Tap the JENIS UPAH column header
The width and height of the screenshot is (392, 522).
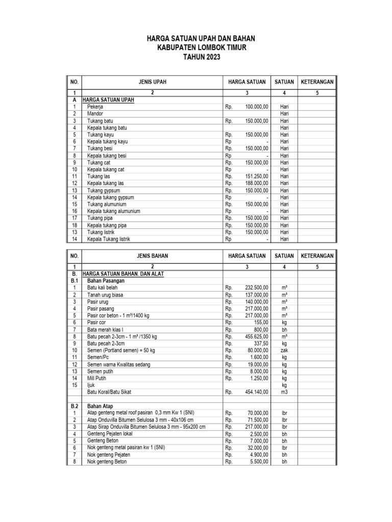tap(152, 82)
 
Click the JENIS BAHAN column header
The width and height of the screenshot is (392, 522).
tap(152, 255)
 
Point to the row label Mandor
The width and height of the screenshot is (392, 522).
tap(95, 114)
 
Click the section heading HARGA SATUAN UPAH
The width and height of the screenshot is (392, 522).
tap(108, 100)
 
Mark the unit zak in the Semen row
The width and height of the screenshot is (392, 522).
tap(284, 351)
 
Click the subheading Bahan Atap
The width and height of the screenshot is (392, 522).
tap(100, 406)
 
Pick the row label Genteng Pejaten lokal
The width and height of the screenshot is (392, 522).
tap(111, 434)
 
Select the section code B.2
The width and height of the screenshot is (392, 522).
tap(74, 406)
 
